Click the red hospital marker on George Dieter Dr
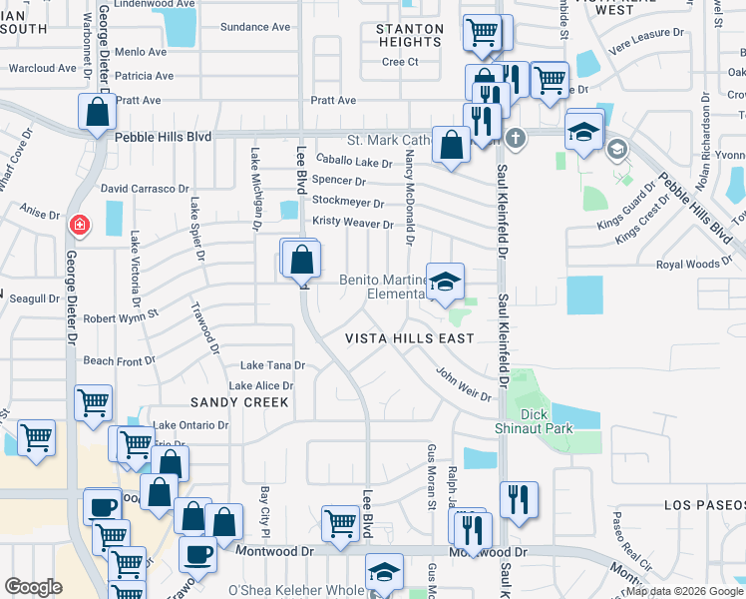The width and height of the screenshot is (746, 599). pyautogui.click(x=78, y=227)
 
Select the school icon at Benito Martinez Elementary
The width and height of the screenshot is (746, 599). pyautogui.click(x=446, y=281)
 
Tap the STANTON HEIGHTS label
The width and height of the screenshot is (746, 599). pyautogui.click(x=410, y=36)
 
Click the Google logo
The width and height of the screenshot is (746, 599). pyautogui.click(x=33, y=587)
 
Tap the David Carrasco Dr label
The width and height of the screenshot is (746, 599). pyautogui.click(x=145, y=188)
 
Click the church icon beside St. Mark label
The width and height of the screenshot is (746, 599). pyautogui.click(x=515, y=137)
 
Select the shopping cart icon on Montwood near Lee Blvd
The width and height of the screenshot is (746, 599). pyautogui.click(x=341, y=523)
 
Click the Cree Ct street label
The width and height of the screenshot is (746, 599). pyautogui.click(x=399, y=62)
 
